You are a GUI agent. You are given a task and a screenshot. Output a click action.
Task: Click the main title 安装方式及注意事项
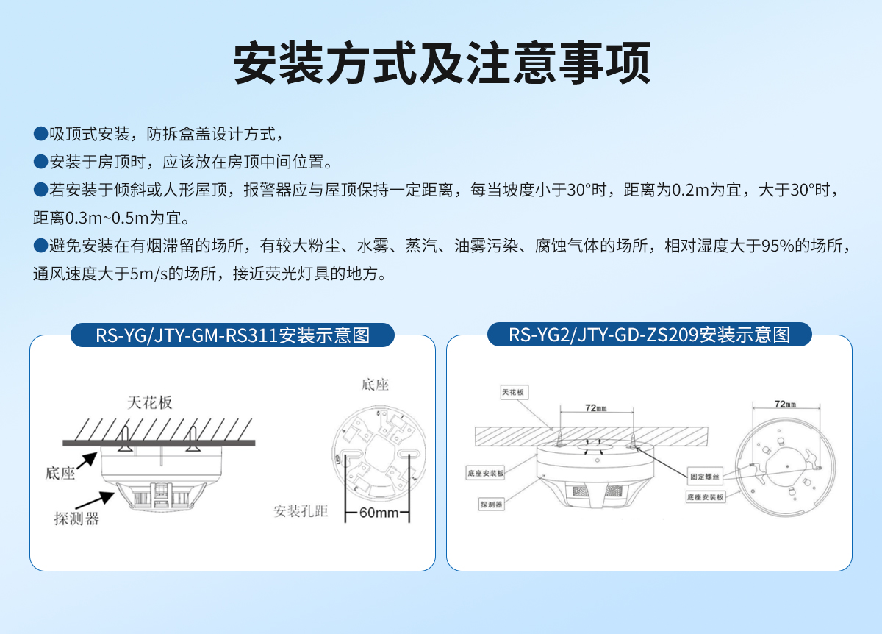pyautogui.click(x=442, y=63)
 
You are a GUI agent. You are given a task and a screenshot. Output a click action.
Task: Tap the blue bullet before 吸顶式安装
pyautogui.click(x=40, y=134)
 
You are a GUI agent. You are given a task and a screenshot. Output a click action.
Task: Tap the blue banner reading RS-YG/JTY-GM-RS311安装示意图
pyautogui.click(x=232, y=335)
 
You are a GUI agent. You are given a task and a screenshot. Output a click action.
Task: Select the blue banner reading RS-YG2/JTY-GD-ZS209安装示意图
pyautogui.click(x=649, y=335)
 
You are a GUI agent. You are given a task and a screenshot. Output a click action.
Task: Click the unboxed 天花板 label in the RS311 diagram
pyautogui.click(x=149, y=402)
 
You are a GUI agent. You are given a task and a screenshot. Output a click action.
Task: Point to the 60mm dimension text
pyautogui.click(x=378, y=513)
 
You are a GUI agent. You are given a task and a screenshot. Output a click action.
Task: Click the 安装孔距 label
pyautogui.click(x=301, y=511)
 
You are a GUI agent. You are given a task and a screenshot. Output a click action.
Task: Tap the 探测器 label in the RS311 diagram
pyautogui.click(x=76, y=519)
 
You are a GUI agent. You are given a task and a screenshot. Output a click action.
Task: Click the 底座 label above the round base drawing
pyautogui.click(x=375, y=385)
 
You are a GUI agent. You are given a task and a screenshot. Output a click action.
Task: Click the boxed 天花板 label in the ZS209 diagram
pyautogui.click(x=513, y=392)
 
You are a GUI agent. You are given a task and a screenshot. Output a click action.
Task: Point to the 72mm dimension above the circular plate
pyautogui.click(x=785, y=404)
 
